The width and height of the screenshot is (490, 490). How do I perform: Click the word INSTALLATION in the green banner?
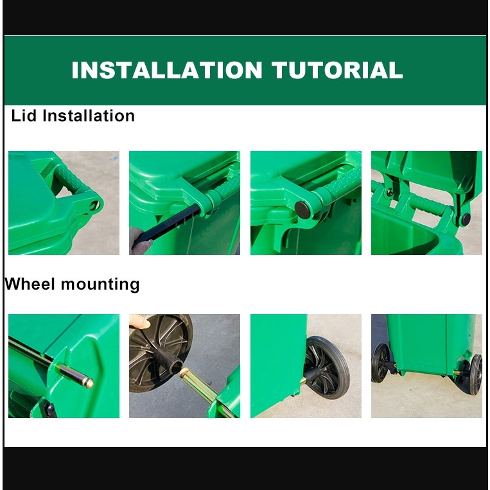click(x=167, y=70)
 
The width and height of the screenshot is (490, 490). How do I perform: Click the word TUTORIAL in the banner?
click(x=337, y=70)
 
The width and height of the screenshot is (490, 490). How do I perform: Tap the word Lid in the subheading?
click(x=24, y=116)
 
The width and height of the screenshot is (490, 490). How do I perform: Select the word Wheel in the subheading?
click(x=30, y=284)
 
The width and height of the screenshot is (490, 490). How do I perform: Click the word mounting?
click(x=100, y=285)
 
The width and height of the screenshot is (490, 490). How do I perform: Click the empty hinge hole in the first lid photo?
click(x=94, y=206)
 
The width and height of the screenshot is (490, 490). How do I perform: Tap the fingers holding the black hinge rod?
click(x=140, y=241)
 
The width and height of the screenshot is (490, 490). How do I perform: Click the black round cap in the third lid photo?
click(x=303, y=210)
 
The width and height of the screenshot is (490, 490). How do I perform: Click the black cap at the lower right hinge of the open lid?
click(x=466, y=219)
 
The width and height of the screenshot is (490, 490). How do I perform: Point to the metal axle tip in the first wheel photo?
click(x=89, y=383)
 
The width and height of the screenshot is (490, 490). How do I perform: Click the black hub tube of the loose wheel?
click(x=170, y=360)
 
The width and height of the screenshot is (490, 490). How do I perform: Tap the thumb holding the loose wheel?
click(x=139, y=322)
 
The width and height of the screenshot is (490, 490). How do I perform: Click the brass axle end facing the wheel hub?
click(x=185, y=373)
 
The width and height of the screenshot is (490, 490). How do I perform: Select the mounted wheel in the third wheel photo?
click(x=327, y=367)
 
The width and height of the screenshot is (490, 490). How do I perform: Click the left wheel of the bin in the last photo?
click(x=381, y=363)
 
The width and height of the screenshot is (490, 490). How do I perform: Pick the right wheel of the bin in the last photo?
click(x=476, y=374)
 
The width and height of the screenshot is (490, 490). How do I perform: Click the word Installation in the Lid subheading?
click(x=89, y=116)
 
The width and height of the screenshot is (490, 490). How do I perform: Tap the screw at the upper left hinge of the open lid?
click(x=390, y=192)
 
